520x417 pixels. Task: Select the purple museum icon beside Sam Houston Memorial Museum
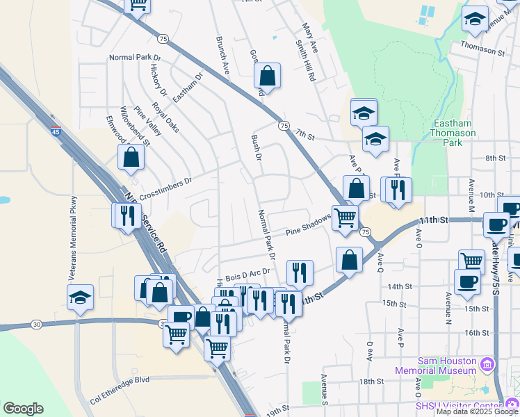(x=487, y=363)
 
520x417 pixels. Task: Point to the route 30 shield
(x=36, y=324)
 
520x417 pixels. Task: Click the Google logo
(x=23, y=409)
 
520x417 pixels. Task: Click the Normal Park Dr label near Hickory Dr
(x=135, y=58)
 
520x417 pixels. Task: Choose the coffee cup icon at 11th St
(x=496, y=224)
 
